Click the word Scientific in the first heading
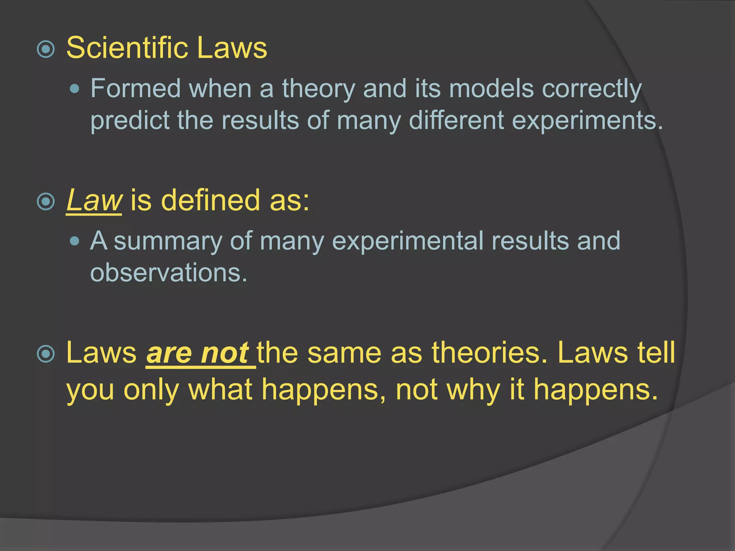click(x=127, y=48)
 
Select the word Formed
click(x=135, y=88)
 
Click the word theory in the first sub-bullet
click(x=319, y=89)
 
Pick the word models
click(x=491, y=88)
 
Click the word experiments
click(x=587, y=121)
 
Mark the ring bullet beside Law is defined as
click(x=46, y=202)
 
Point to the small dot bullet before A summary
click(x=75, y=241)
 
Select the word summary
click(x=168, y=241)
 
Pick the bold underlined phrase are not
click(x=198, y=353)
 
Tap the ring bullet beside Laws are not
click(x=46, y=354)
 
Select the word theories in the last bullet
click(x=490, y=353)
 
